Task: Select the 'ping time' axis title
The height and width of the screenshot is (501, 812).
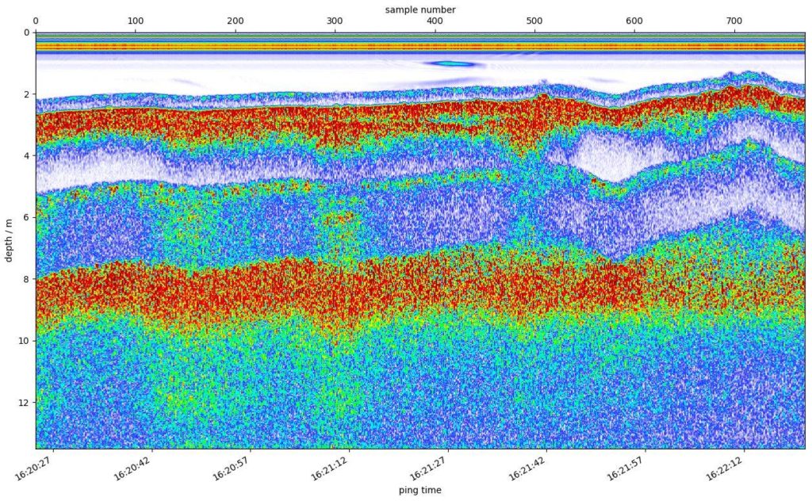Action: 420,491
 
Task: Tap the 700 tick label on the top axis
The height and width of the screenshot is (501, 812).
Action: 734,21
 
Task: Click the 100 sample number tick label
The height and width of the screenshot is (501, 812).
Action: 136,21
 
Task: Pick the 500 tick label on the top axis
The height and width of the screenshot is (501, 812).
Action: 534,21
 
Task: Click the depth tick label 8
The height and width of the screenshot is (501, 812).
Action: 26,279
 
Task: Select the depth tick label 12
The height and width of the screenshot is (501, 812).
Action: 24,403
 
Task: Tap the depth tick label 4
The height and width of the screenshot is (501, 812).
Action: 26,156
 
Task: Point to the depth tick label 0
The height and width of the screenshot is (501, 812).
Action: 26,33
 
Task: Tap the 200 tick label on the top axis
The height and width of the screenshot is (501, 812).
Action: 236,21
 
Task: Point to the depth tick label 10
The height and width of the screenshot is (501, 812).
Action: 24,341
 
